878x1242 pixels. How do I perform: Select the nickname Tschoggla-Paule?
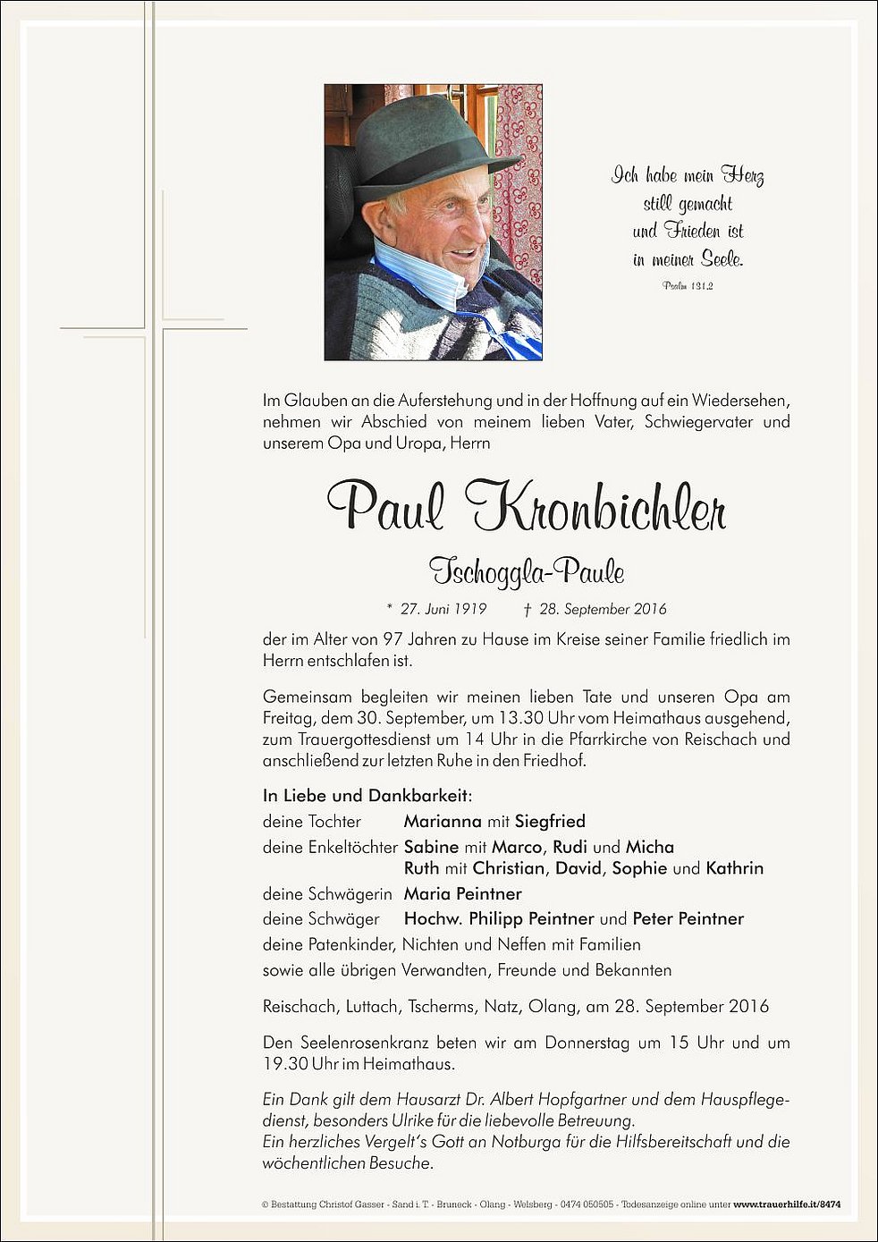click(527, 570)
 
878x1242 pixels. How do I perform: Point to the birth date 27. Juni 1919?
click(443, 609)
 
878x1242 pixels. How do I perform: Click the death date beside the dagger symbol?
click(603, 609)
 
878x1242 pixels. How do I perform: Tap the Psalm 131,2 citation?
click(688, 285)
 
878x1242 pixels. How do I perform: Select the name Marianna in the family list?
click(443, 821)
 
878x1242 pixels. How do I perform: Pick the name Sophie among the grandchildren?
click(639, 868)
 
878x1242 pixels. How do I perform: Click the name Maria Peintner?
click(462, 893)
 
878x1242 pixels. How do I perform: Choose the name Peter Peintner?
click(688, 918)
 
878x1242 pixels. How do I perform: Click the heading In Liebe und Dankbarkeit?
click(367, 795)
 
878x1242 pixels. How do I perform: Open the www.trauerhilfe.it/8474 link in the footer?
click(787, 1204)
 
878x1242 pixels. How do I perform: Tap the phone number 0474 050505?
click(587, 1204)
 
